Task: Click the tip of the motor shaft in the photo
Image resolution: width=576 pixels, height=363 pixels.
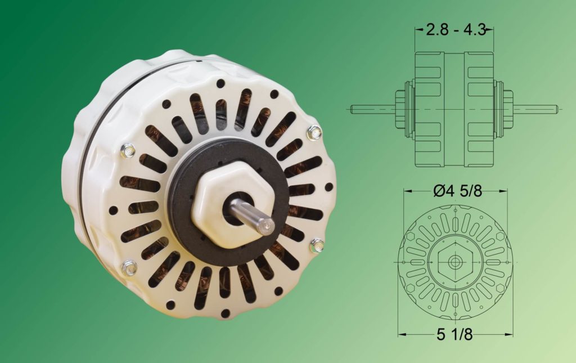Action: click(267, 226)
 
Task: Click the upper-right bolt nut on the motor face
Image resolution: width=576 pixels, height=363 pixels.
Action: click(314, 133)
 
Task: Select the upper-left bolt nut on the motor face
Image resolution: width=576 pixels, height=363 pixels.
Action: click(128, 150)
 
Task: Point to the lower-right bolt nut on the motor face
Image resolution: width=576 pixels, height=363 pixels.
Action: click(317, 245)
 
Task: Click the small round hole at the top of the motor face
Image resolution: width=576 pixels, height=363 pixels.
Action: click(220, 83)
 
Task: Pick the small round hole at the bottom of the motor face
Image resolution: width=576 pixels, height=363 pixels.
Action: click(225, 313)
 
